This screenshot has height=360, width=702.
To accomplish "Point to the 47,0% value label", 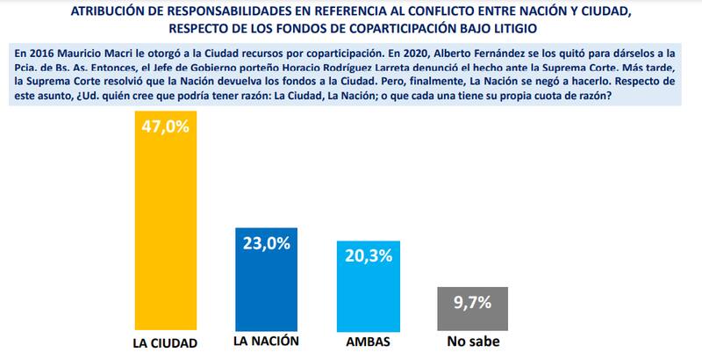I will coord(164,127).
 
